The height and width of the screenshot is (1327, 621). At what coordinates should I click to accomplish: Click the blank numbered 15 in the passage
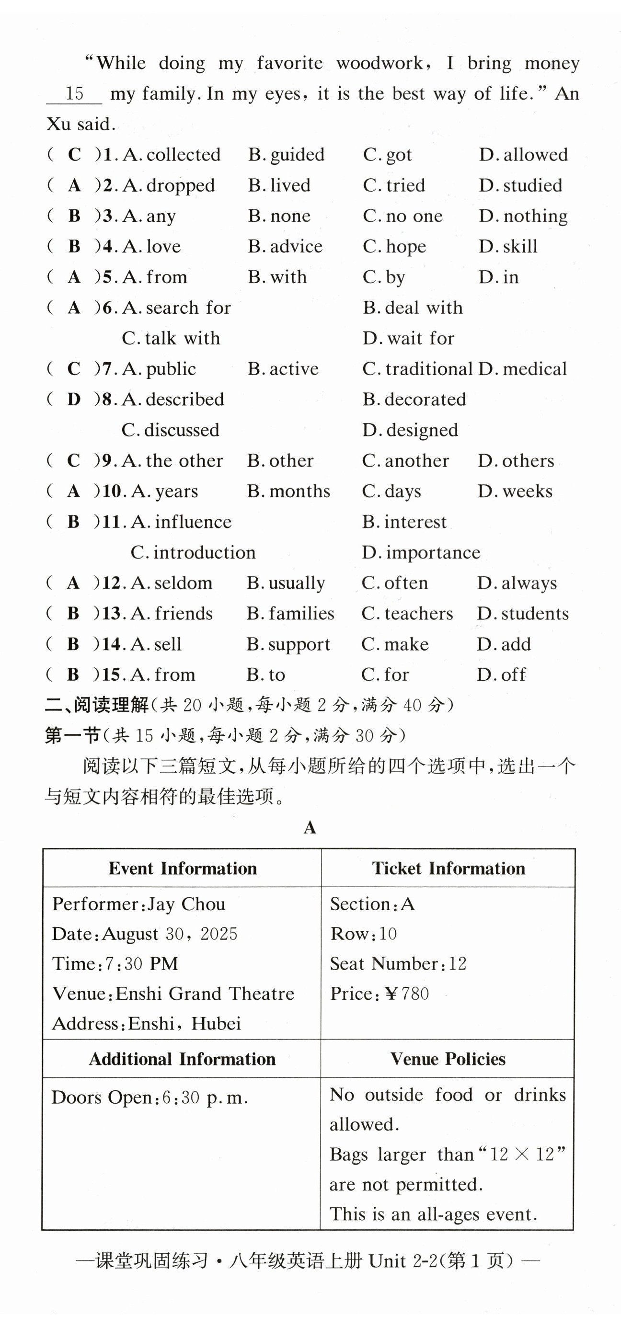pos(74,94)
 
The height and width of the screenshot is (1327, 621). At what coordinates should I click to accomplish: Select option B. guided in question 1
pos(286,155)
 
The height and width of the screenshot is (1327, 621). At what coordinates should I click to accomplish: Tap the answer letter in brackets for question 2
pos(74,185)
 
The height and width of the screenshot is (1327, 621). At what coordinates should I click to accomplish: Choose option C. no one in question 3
pos(402,216)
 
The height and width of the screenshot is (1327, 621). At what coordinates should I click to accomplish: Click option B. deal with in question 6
pos(412,308)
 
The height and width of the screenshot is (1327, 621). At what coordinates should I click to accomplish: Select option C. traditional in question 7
pos(417,369)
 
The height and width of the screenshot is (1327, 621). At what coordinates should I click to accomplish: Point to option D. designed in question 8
pos(410,430)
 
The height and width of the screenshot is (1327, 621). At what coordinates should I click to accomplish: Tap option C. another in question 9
pos(405,460)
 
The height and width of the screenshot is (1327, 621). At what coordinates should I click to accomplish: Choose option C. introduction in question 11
pos(193,552)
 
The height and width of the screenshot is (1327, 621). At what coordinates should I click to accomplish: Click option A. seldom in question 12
pos(172,583)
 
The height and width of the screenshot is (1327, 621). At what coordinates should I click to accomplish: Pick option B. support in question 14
pos(288,644)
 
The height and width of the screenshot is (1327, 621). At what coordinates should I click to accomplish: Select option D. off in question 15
pos(501,675)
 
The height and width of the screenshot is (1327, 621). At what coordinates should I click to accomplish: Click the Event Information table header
pos(183,869)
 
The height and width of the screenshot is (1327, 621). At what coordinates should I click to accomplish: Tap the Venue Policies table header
pos(448,1059)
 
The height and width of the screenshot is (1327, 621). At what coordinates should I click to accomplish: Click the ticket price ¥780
pos(407,994)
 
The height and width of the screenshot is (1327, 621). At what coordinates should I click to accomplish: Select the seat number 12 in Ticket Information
pos(457,964)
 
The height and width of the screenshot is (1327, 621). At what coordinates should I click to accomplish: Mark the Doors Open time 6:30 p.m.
pos(205,1098)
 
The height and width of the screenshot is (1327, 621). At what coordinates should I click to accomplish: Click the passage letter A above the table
pos(310,828)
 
